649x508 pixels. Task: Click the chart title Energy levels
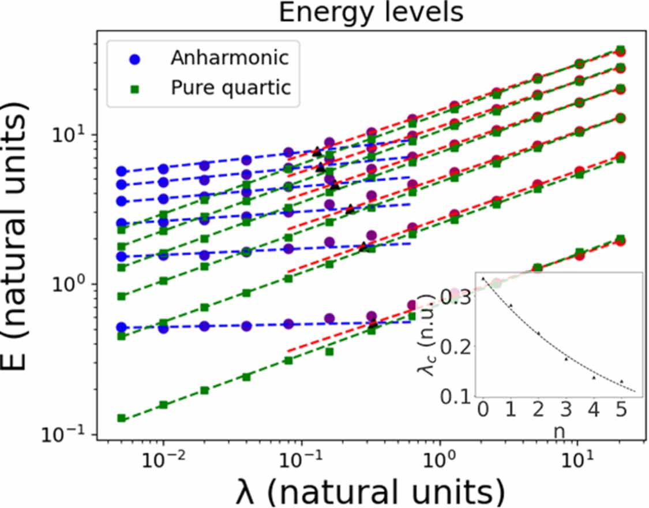pyautogui.click(x=371, y=13)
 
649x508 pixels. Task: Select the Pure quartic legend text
pyautogui.click(x=231, y=88)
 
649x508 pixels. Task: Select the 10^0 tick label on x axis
pyautogui.click(x=440, y=461)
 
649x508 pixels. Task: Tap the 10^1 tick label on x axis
pyautogui.click(x=577, y=461)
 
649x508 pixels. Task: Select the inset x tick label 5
pyautogui.click(x=621, y=410)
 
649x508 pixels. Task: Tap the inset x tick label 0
pyautogui.click(x=483, y=410)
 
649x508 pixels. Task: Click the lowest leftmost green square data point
pyautogui.click(x=122, y=417)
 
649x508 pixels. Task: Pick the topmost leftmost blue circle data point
pyautogui.click(x=122, y=171)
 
